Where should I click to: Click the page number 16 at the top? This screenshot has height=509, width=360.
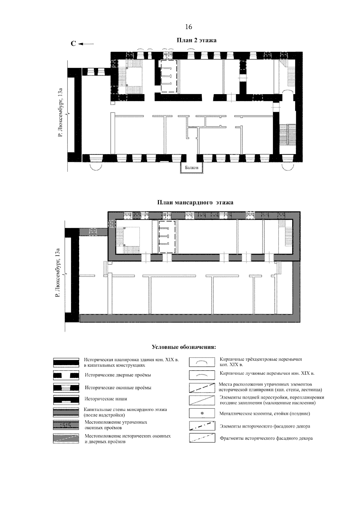click(188, 27)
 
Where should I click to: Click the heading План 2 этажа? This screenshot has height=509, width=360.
click(196, 40)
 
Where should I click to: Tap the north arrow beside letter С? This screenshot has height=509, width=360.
click(86, 44)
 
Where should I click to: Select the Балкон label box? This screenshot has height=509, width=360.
click(191, 168)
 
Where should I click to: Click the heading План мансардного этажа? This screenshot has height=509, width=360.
click(195, 202)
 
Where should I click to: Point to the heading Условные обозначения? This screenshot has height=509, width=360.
click(184, 354)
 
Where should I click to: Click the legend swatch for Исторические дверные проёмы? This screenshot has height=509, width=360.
click(66, 375)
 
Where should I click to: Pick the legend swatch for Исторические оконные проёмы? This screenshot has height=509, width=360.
click(66, 388)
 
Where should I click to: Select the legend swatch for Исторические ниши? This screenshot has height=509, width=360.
click(66, 400)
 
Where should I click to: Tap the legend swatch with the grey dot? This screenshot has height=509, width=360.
click(202, 413)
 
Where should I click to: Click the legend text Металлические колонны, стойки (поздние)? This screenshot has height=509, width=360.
click(265, 414)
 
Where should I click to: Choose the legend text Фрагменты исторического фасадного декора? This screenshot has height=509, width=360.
click(266, 438)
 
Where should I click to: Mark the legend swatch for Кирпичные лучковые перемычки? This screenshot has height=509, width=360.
click(202, 375)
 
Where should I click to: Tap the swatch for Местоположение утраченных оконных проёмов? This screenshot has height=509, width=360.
click(66, 425)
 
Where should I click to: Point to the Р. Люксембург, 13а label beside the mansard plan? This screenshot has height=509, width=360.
click(58, 272)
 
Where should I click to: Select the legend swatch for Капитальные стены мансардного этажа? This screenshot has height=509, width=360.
click(66, 412)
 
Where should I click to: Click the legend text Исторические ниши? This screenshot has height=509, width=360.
click(106, 399)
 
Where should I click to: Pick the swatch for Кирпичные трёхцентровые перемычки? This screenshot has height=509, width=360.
click(202, 362)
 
